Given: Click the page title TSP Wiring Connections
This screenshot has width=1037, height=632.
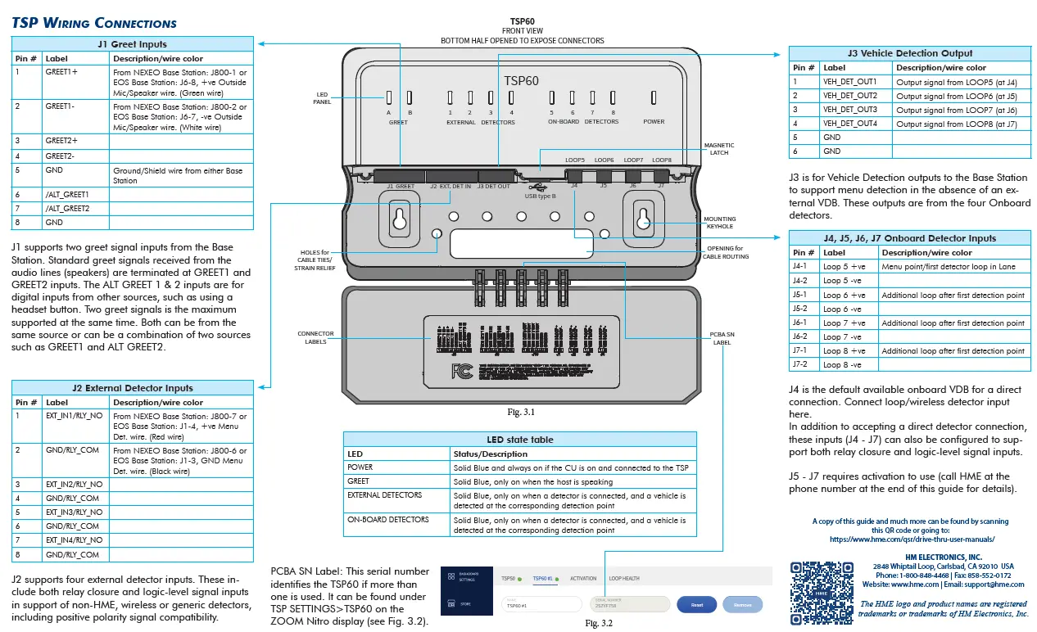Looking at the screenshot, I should pyautogui.click(x=94, y=22).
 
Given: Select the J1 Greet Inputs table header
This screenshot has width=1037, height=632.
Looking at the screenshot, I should pyautogui.click(x=132, y=44).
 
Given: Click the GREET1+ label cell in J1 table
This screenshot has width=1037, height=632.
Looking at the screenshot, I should pyautogui.click(x=61, y=72).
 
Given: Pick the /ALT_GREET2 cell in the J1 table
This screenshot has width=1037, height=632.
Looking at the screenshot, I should pyautogui.click(x=67, y=208).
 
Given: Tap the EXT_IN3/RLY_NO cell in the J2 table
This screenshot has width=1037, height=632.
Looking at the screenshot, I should pyautogui.click(x=74, y=512).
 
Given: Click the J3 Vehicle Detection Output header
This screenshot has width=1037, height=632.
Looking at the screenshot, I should pyautogui.click(x=909, y=53).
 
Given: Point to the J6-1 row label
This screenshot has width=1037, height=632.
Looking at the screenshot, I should pyautogui.click(x=799, y=323).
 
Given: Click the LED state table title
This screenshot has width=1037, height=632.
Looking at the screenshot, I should pyautogui.click(x=519, y=440).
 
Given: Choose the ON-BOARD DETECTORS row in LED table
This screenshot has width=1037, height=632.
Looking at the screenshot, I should pyautogui.click(x=387, y=520).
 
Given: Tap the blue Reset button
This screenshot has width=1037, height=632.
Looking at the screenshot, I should pyautogui.click(x=696, y=605).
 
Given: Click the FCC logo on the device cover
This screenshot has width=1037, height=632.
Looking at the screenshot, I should pyautogui.click(x=462, y=372).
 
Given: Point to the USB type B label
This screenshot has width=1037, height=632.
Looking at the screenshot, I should pyautogui.click(x=541, y=196).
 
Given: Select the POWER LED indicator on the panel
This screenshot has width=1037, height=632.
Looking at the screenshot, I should pyautogui.click(x=654, y=98).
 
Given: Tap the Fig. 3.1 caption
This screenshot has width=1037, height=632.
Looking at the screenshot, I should pyautogui.click(x=521, y=412).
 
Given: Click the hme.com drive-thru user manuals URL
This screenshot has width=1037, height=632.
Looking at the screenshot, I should pyautogui.click(x=912, y=539).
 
